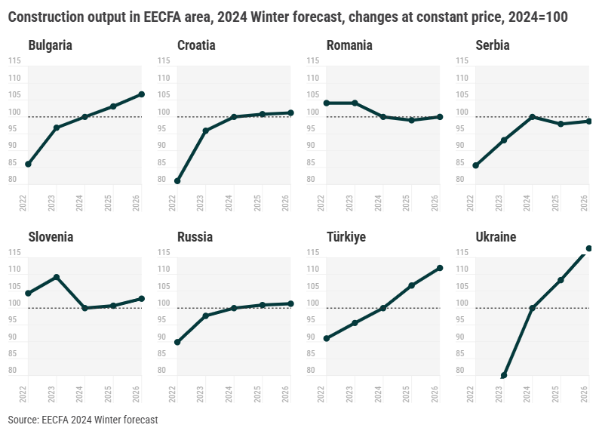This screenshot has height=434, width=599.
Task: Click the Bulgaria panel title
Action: click(x=50, y=45)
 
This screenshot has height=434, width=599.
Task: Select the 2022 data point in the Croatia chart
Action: click(x=177, y=181)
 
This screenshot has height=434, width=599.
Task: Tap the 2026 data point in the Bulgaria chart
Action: click(x=141, y=94)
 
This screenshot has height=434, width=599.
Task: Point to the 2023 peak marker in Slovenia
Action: click(x=57, y=277)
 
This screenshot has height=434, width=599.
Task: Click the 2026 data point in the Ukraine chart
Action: click(x=589, y=248)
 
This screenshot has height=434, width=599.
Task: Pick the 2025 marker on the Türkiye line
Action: click(x=411, y=285)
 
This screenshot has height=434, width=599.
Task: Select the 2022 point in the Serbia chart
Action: click(x=476, y=165)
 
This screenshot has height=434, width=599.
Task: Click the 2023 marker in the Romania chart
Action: click(x=355, y=103)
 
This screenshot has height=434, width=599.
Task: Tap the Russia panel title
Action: click(x=195, y=237)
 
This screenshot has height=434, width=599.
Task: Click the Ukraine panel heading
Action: click(x=496, y=237)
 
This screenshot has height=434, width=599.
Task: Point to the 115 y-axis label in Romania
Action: click(x=313, y=60)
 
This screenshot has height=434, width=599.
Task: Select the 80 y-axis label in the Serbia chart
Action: click(x=460, y=180)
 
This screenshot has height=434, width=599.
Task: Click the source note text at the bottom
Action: click(x=83, y=419)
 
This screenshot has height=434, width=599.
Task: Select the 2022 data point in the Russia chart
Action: click(x=177, y=343)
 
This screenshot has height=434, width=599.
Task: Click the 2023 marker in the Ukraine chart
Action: click(x=504, y=375)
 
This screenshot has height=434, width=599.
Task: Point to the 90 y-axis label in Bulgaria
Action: click(x=13, y=145)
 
